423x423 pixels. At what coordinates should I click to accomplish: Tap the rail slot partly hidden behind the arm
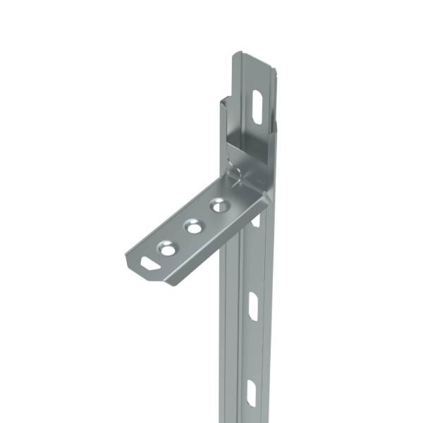point(256,221)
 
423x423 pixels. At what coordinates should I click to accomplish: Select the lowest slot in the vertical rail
point(251,393)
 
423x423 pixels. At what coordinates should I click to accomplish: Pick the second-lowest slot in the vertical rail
point(253,306)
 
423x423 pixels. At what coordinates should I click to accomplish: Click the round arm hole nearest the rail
point(219,206)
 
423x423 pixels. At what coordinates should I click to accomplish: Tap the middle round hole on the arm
point(192,227)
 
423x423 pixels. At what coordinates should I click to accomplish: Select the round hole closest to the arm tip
point(167,248)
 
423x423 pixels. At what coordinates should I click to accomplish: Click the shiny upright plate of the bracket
point(247,141)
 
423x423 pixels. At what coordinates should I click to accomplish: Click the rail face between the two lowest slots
point(252,349)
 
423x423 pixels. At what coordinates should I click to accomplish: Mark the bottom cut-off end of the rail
point(247,420)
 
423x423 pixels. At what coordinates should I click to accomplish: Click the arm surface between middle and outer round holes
point(180,238)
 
